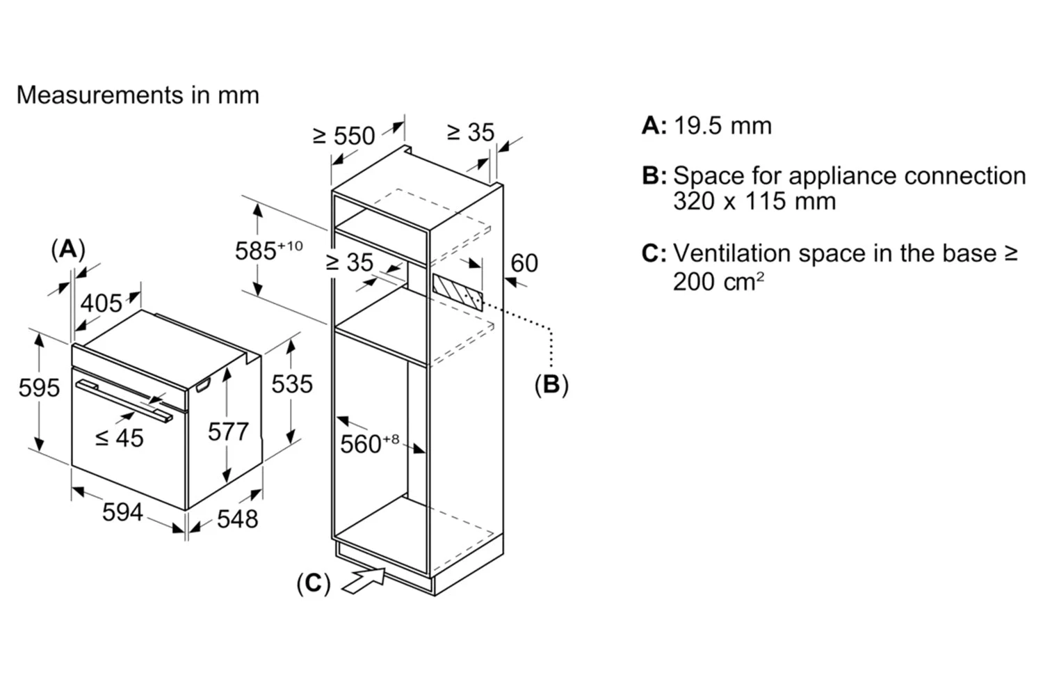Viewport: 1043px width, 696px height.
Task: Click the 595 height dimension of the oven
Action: [39, 387]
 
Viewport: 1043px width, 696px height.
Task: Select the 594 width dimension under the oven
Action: [122, 512]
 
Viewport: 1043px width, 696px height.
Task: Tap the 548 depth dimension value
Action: [237, 519]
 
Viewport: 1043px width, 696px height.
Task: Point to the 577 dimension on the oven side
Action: [228, 432]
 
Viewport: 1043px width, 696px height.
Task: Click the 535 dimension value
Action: [291, 383]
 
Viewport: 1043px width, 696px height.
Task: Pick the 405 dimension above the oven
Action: [102, 303]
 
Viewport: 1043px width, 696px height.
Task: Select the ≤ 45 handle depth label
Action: [119, 438]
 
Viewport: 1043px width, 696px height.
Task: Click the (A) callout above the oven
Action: [68, 248]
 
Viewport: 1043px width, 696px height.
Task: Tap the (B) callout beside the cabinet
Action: [551, 384]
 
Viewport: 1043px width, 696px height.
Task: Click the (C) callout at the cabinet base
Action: [313, 583]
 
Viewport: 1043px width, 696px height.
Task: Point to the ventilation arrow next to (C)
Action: [363, 580]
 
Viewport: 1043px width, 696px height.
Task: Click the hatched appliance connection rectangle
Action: [458, 292]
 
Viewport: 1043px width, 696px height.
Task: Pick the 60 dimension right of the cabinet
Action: [524, 263]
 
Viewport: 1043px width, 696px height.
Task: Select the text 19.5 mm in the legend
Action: [722, 126]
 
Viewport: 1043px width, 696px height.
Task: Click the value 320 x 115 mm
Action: [754, 202]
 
